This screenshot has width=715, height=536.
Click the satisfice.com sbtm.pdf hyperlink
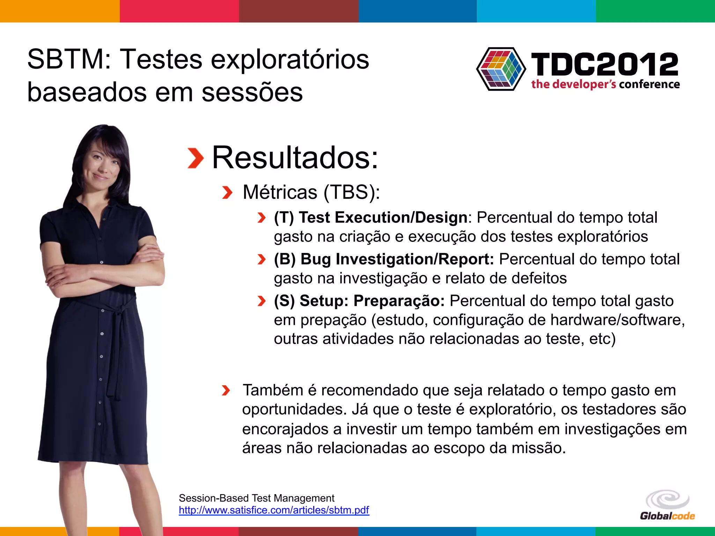[274, 510]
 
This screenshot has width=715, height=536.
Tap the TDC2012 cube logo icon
[501, 69]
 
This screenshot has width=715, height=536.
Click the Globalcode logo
[667, 506]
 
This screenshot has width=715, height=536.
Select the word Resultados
[295, 158]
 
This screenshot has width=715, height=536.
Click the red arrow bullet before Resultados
[195, 158]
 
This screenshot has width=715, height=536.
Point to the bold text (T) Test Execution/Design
[370, 217]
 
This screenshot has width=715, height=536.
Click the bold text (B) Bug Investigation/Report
[384, 259]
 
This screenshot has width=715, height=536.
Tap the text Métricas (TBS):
[311, 192]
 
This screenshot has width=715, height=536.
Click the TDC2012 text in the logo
[604, 64]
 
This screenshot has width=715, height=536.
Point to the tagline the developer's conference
[605, 84]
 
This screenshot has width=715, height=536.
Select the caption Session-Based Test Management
[256, 498]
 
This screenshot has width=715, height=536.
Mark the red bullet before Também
[226, 390]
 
